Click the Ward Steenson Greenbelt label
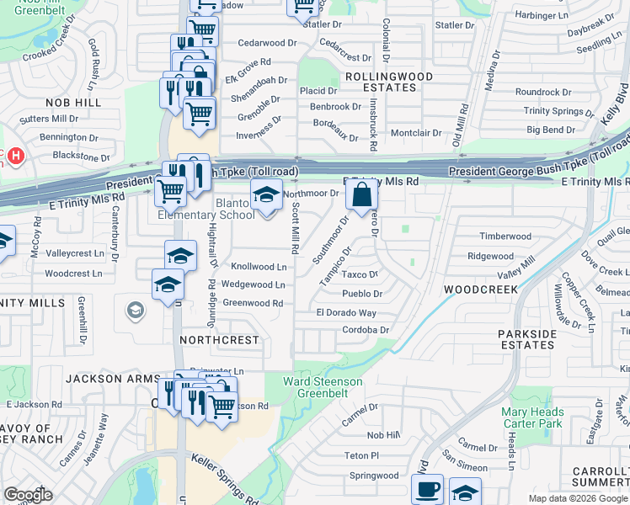pyautogui.click(x=323, y=387)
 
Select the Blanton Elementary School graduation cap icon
pyautogui.click(x=266, y=195)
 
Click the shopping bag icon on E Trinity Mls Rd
pyautogui.click(x=361, y=195)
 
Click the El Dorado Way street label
pyautogui.click(x=345, y=312)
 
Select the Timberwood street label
pyautogui.click(x=505, y=237)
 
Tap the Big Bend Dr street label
pyautogui.click(x=551, y=130)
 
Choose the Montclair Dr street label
pyautogui.click(x=416, y=133)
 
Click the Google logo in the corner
pyautogui.click(x=28, y=495)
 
